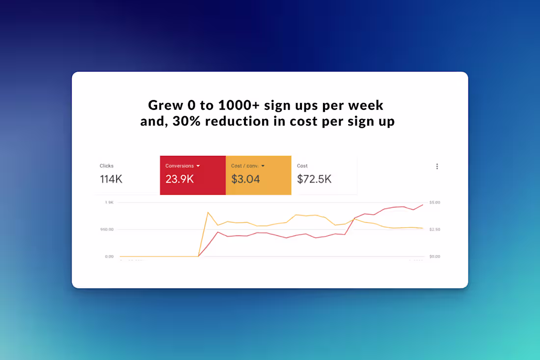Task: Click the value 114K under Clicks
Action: tap(111, 179)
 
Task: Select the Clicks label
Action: tap(107, 166)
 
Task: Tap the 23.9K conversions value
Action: tap(180, 179)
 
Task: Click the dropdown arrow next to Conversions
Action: tap(198, 166)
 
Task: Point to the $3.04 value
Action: tap(245, 179)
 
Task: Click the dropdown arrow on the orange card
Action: tap(263, 166)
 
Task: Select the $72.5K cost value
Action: tap(314, 179)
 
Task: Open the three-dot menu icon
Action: tap(437, 166)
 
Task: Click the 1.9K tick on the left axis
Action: tap(109, 202)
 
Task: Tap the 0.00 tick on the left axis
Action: tap(108, 257)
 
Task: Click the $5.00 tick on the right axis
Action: tap(434, 202)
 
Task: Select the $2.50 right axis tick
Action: tap(434, 230)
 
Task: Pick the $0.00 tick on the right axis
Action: tap(434, 257)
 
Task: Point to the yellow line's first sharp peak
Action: tap(208, 212)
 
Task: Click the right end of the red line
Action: tap(423, 205)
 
